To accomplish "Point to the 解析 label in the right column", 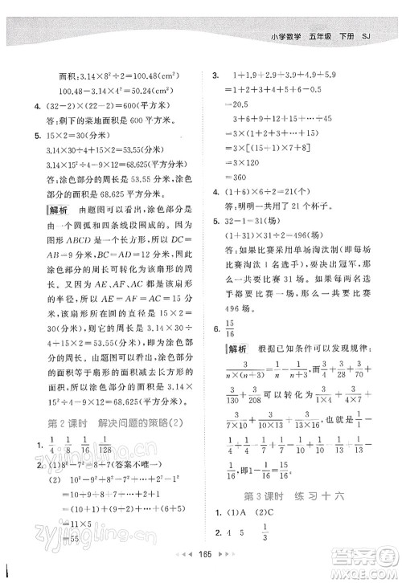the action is pyautogui.click(x=236, y=349).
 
